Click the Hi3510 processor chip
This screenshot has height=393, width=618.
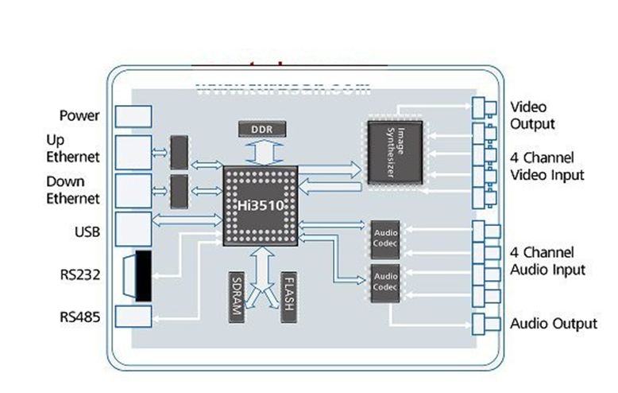(x=260, y=205)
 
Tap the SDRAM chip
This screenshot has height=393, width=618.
(x=235, y=296)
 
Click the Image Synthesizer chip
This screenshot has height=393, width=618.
(x=395, y=152)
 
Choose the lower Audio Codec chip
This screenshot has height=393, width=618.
(x=385, y=282)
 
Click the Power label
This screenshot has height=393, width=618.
(x=79, y=116)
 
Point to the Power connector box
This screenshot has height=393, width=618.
(x=133, y=116)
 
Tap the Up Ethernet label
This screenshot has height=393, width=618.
(x=72, y=149)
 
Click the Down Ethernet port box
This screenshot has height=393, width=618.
(x=133, y=191)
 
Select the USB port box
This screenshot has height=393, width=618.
(x=133, y=228)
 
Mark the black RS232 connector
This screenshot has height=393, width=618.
(x=143, y=276)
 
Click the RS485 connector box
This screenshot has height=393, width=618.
(x=133, y=317)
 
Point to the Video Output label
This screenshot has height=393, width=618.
(x=532, y=115)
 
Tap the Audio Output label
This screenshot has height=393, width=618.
(x=553, y=324)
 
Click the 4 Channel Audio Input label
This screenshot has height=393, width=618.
(x=547, y=262)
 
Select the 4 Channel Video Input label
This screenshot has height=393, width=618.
(x=547, y=166)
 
